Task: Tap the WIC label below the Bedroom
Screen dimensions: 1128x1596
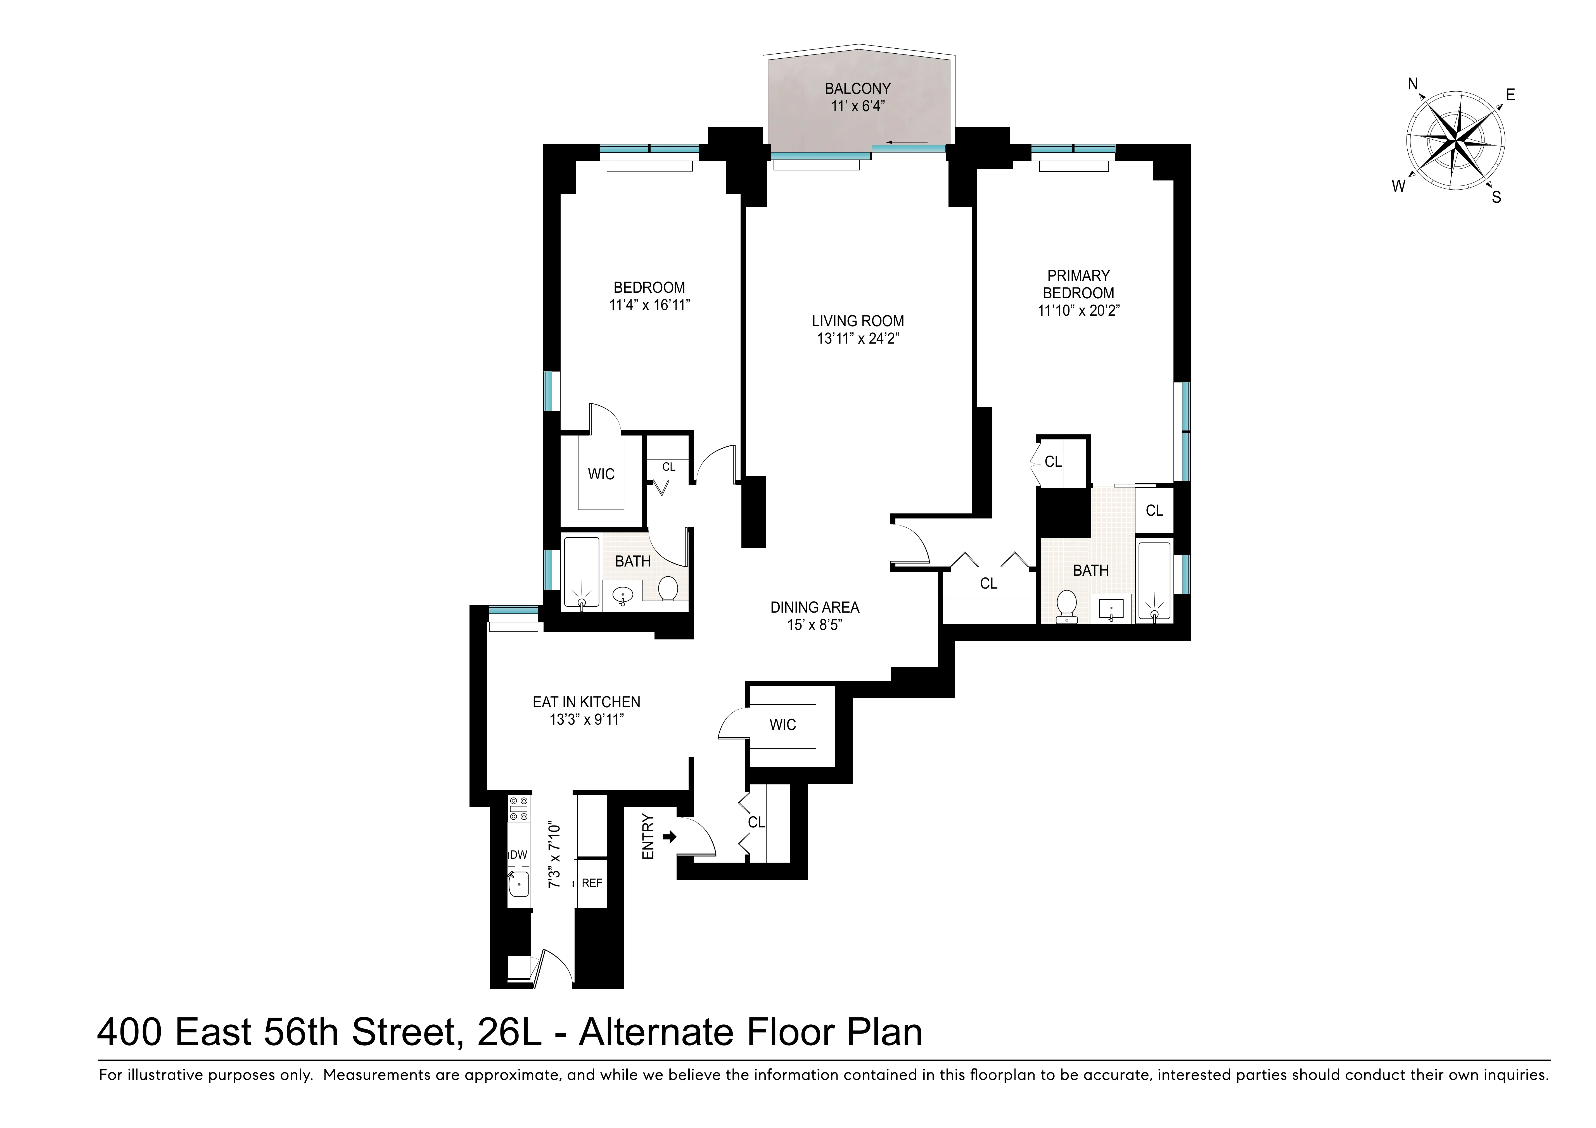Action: [601, 474]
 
